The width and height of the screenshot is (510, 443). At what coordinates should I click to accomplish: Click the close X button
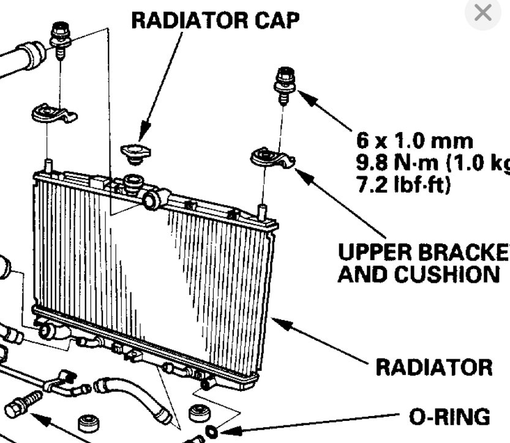(483, 13)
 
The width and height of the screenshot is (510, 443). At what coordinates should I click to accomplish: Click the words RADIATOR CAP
(216, 20)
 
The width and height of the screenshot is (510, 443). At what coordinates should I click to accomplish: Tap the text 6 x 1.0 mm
(414, 141)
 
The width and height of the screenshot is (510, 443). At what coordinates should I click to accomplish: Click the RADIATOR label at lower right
(433, 367)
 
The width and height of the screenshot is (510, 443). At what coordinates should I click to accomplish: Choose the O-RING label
(449, 417)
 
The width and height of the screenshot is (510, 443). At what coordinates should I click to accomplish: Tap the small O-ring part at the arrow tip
(212, 433)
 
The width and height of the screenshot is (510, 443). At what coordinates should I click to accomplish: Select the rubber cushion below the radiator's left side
(89, 424)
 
